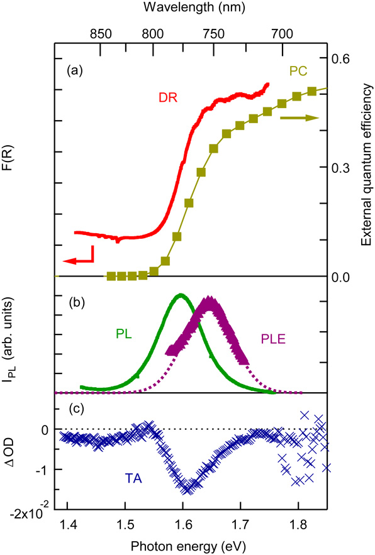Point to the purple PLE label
click(x=274, y=339)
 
